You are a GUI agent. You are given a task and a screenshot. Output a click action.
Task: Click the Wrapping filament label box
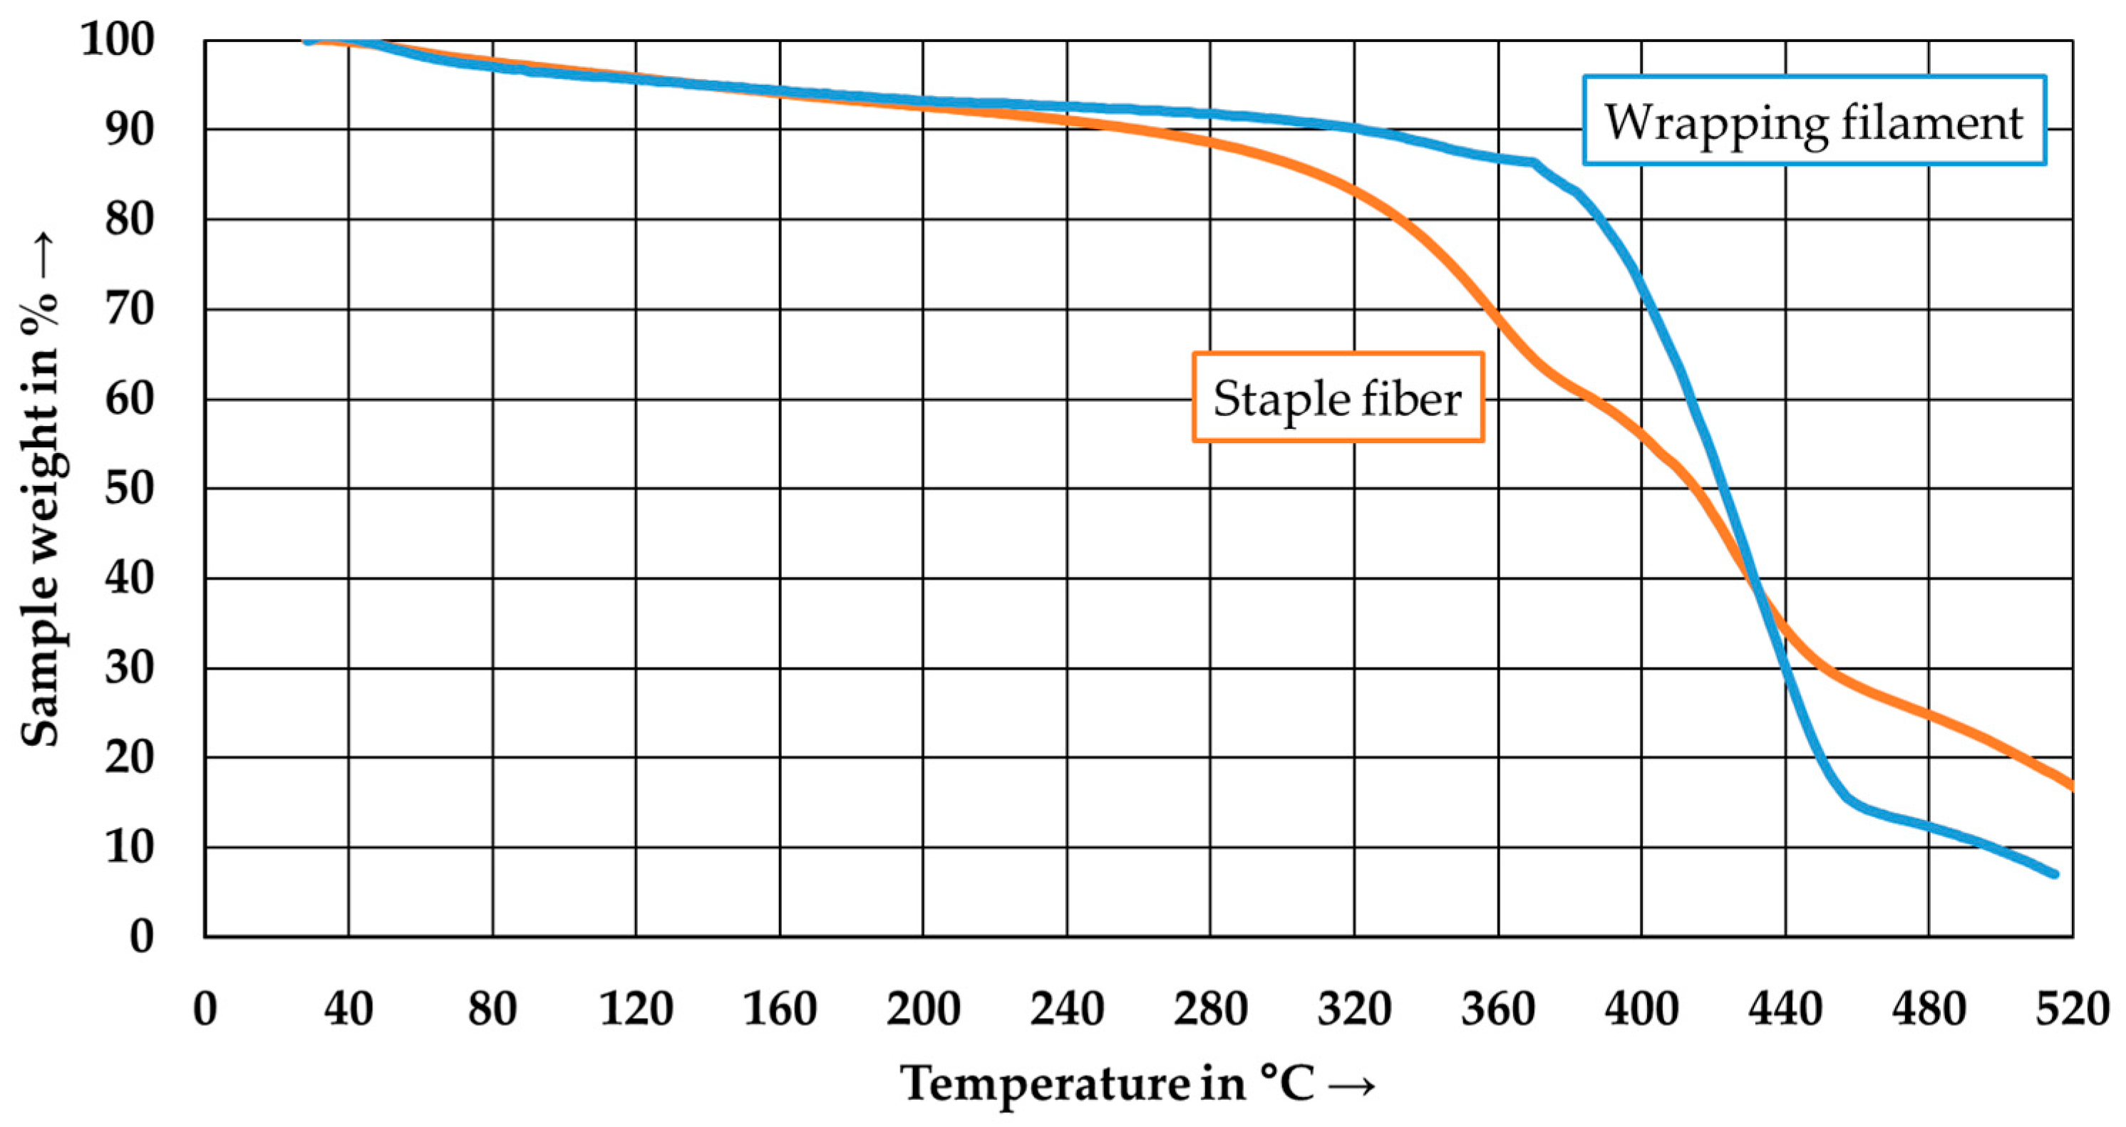[x=1813, y=120]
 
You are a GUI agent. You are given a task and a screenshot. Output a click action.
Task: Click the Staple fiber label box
[x=1338, y=398]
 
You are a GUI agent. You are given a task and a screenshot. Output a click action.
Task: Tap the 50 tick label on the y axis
[x=130, y=489]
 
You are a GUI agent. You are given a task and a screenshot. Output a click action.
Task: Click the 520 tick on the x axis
[x=2072, y=1008]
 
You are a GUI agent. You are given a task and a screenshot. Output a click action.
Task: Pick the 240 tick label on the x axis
[x=1066, y=1008]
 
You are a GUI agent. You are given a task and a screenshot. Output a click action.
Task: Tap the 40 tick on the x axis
[x=349, y=1008]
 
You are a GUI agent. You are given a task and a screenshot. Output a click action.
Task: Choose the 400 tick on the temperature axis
[x=1641, y=1008]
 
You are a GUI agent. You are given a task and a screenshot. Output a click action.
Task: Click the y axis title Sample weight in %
[x=40, y=490]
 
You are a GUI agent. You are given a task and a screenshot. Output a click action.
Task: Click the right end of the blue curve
[x=2054, y=873]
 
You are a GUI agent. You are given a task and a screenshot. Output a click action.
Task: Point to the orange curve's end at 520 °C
[x=2070, y=784]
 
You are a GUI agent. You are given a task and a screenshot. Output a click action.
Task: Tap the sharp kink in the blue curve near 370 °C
[x=1534, y=162]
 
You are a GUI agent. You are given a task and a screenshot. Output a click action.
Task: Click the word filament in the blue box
[x=1931, y=122]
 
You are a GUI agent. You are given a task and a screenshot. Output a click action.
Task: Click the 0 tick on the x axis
[x=205, y=1008]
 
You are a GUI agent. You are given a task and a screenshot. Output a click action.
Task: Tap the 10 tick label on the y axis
[x=130, y=847]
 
